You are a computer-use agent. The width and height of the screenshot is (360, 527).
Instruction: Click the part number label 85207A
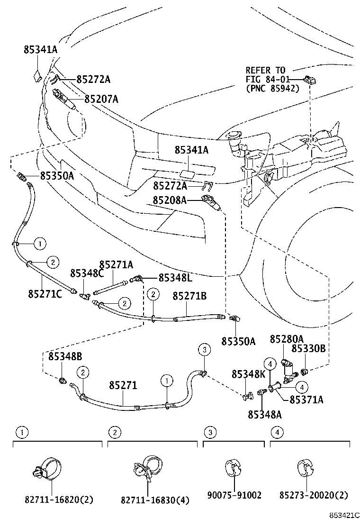click(x=101, y=99)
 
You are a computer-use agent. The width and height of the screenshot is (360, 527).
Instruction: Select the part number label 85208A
click(x=169, y=200)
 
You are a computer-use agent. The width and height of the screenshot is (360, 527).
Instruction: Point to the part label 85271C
click(x=45, y=294)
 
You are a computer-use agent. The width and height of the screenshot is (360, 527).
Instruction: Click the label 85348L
click(x=175, y=277)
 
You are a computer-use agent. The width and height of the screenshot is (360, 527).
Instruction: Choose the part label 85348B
click(x=64, y=356)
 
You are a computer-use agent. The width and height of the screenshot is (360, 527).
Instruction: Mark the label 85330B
click(x=308, y=348)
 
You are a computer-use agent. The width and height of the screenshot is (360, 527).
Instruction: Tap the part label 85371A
click(x=306, y=400)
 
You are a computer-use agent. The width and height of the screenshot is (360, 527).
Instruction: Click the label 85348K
click(x=249, y=374)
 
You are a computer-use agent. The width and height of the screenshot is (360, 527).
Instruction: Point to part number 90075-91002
click(x=234, y=495)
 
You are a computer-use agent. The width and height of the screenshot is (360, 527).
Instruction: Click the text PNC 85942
click(x=272, y=88)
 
